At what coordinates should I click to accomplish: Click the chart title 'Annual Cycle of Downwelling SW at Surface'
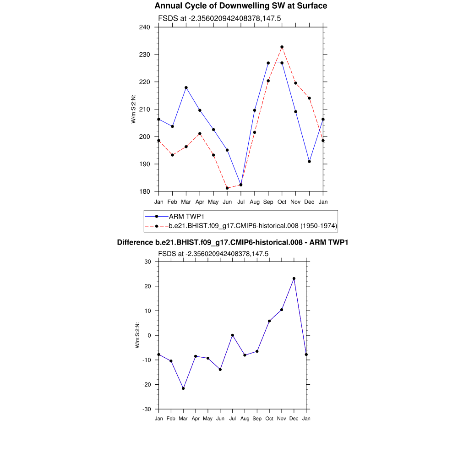pyautogui.click(x=240, y=6)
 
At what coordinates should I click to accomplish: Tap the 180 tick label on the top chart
pyautogui.click(x=145, y=191)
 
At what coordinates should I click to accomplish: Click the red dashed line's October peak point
pyautogui.click(x=282, y=47)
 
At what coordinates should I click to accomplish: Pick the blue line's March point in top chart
pyautogui.click(x=186, y=87)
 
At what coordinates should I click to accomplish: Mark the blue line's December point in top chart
pyautogui.click(x=310, y=161)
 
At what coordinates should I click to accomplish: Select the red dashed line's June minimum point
pyautogui.click(x=227, y=188)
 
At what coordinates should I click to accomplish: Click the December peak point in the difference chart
pyautogui.click(x=294, y=278)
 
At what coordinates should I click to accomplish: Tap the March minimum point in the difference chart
pyautogui.click(x=183, y=388)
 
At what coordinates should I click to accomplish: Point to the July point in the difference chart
pyautogui.click(x=233, y=335)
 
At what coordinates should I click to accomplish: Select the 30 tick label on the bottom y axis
pyautogui.click(x=148, y=262)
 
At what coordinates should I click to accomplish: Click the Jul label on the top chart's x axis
pyautogui.click(x=241, y=202)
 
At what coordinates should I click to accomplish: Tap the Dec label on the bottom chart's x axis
pyautogui.click(x=294, y=419)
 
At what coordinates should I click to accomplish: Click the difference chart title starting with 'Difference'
pyautogui.click(x=233, y=242)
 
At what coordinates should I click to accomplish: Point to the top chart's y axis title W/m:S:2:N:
pyautogui.click(x=133, y=109)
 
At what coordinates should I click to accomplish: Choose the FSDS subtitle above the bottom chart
pyautogui.click(x=213, y=254)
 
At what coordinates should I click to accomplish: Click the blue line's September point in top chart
pyautogui.click(x=268, y=63)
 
